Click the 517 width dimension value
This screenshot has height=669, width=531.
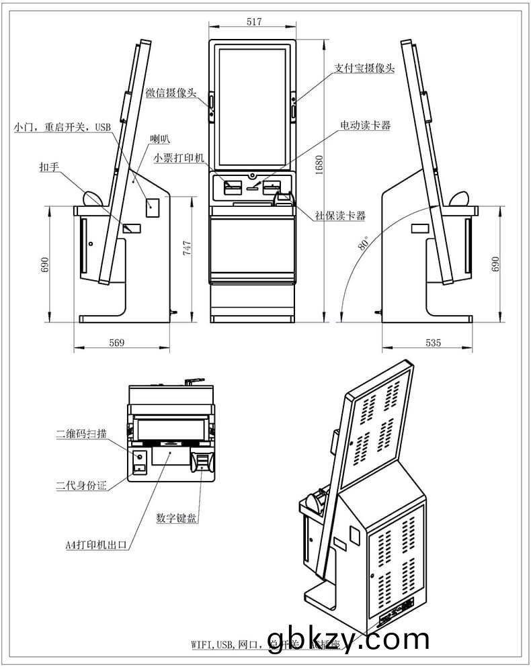(x=253, y=22)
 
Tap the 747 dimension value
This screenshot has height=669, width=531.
(x=188, y=249)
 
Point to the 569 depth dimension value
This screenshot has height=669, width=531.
(x=116, y=343)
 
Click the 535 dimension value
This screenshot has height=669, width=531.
(x=434, y=343)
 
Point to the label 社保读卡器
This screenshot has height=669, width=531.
(x=340, y=216)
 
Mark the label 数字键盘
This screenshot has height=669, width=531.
(x=177, y=518)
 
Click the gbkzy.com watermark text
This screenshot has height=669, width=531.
(x=348, y=639)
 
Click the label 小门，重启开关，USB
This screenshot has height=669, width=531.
(x=61, y=126)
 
